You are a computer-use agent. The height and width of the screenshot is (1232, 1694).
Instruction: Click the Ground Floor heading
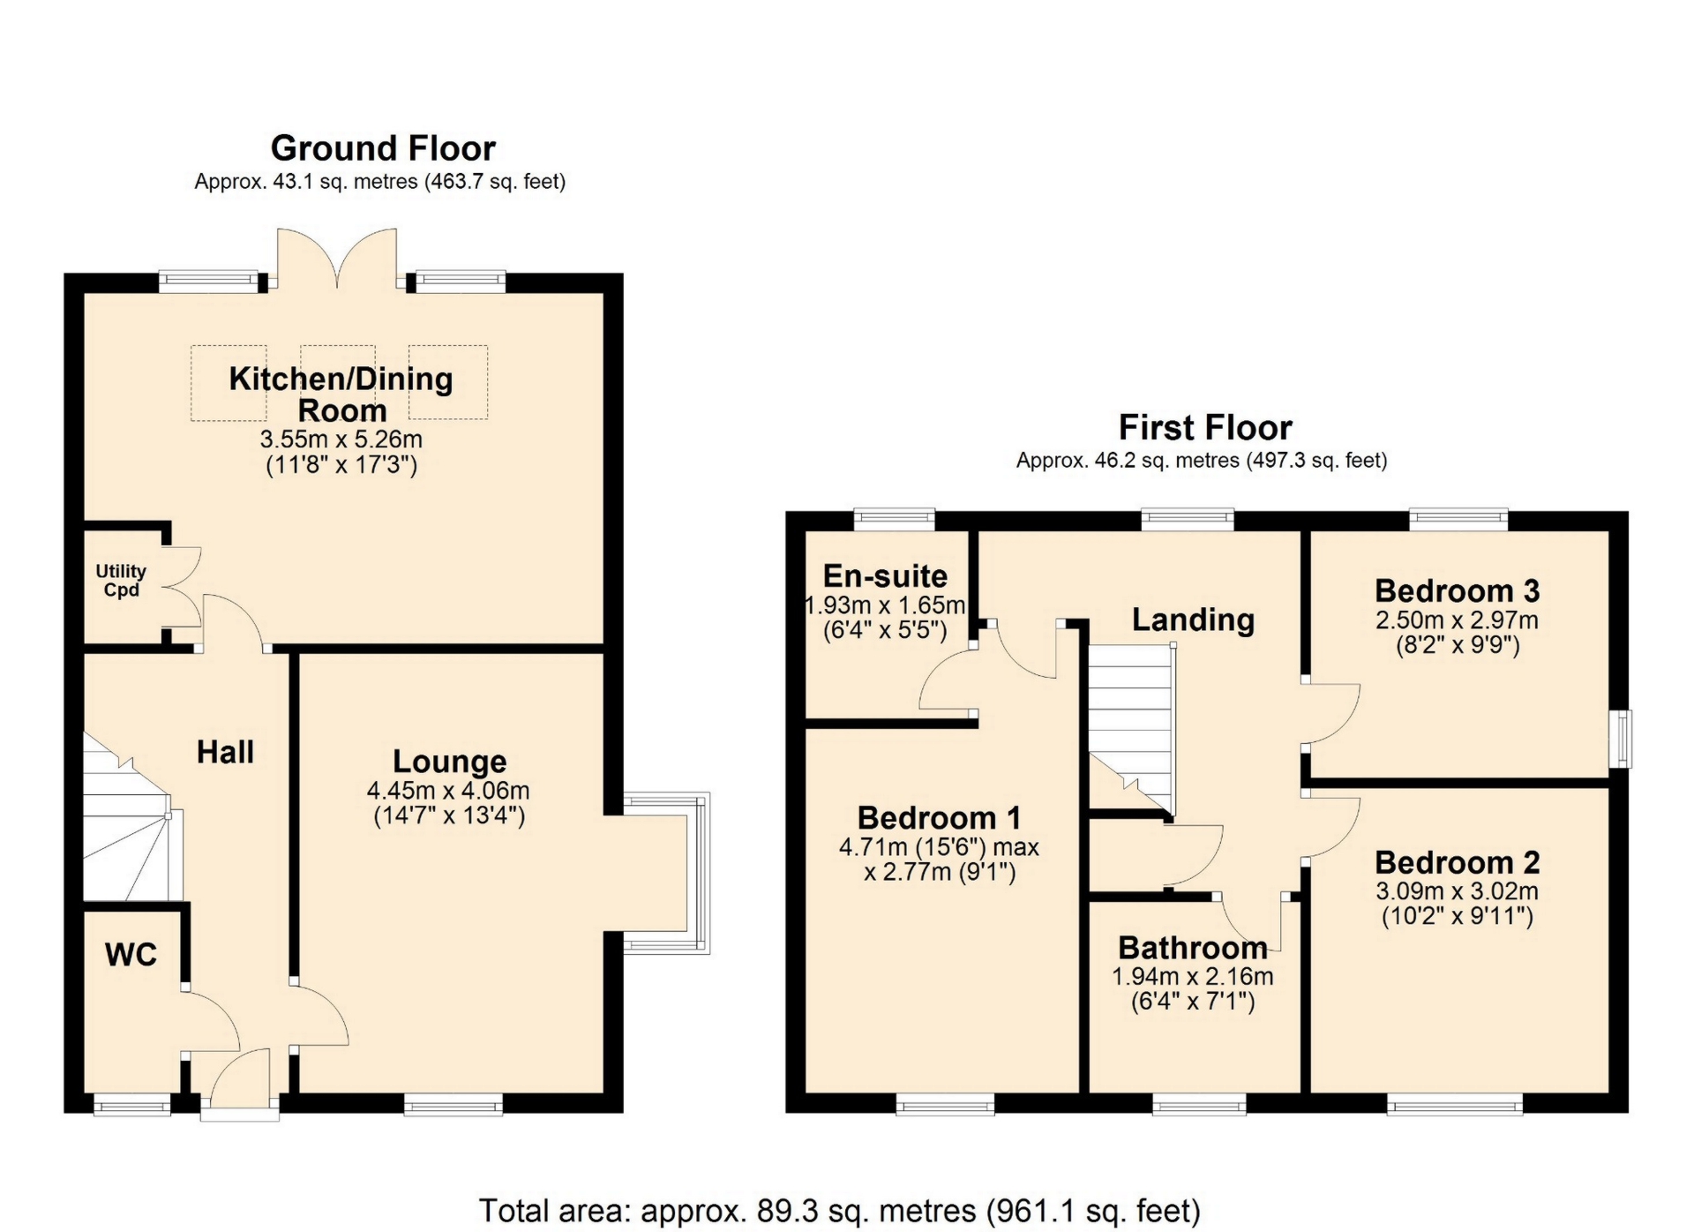pos(383,148)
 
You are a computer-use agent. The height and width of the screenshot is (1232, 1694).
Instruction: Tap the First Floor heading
pos(1205,428)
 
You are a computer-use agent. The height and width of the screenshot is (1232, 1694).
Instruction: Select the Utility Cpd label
pos(121,581)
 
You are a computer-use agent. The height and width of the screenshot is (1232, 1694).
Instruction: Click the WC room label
pos(131,954)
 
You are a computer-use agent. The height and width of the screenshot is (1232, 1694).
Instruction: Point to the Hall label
pos(225,752)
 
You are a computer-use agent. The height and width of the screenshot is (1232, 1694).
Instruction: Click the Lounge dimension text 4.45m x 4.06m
pos(448,791)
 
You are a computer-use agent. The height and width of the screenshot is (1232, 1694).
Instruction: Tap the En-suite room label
pos(885,576)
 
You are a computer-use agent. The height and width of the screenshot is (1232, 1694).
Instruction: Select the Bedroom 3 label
pos(1458,590)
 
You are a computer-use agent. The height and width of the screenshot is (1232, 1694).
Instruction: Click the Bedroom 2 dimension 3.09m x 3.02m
pos(1458,891)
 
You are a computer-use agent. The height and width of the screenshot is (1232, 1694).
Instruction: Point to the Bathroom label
pos(1193,948)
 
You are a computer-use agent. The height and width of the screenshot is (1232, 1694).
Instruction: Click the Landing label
pos(1193,620)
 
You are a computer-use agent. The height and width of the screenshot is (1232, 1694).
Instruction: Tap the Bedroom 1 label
pos(939,818)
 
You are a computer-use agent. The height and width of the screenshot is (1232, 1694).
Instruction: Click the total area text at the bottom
pos(839,1210)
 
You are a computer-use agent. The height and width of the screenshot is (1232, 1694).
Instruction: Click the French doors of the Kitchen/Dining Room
pos(337,259)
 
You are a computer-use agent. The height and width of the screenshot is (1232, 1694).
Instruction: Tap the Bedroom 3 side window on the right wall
pos(1622,739)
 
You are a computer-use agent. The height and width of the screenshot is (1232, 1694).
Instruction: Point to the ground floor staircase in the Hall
pos(132,816)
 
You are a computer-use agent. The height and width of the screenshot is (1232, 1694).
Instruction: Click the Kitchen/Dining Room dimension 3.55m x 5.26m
pos(341,439)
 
